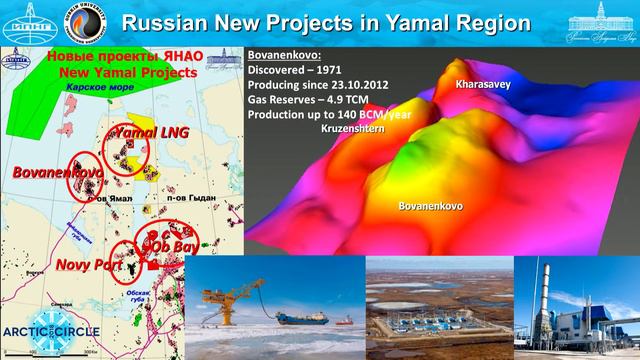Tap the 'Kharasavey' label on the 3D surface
click(x=483, y=86)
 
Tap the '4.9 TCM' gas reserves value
click(x=356, y=101)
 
